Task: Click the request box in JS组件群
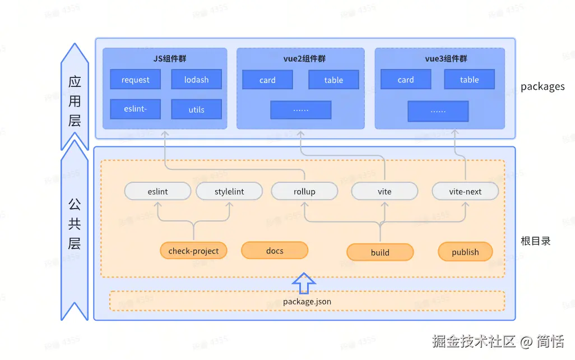[135, 80]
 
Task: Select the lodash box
[196, 80]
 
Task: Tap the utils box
[196, 109]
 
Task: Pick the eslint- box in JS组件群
[135, 109]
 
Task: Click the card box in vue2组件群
[267, 80]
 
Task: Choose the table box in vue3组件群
[469, 80]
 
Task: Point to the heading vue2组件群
[300, 59]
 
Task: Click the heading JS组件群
[165, 59]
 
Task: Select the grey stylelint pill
[229, 191]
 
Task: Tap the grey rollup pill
[304, 191]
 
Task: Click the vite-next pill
[465, 191]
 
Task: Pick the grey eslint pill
[158, 191]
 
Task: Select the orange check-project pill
[193, 251]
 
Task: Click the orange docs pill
[275, 251]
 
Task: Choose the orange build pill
[380, 252]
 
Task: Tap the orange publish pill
[465, 252]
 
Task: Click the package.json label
[307, 301]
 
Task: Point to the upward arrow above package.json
[304, 284]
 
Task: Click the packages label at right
[542, 86]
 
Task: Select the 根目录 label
[535, 241]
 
